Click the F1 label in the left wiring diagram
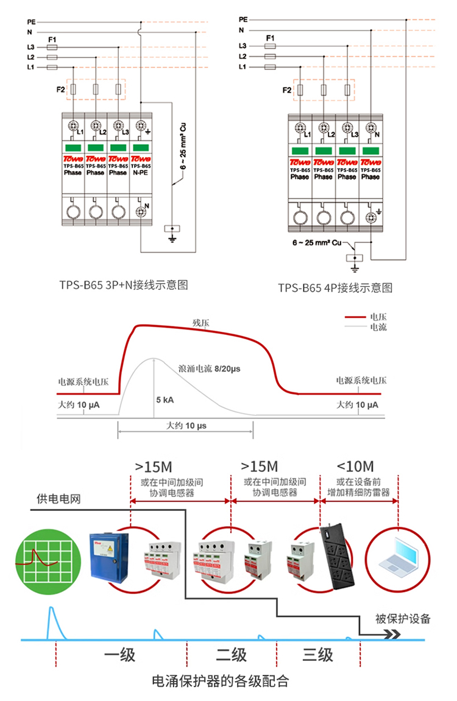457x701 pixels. [52, 38]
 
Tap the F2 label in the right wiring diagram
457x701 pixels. [287, 91]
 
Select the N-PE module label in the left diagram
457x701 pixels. [141, 173]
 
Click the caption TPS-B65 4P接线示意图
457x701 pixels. [335, 287]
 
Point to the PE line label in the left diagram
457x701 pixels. [31, 21]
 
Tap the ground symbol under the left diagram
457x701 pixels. [172, 233]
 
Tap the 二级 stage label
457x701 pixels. [232, 655]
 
